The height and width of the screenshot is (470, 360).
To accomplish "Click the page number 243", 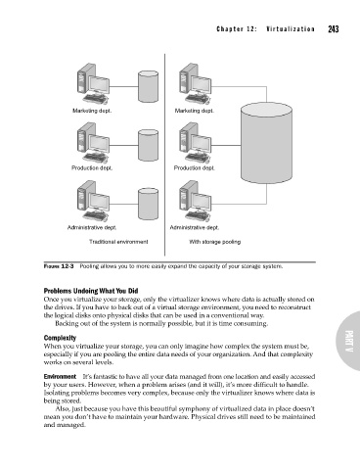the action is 334,29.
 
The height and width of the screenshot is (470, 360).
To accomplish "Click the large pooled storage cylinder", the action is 266,144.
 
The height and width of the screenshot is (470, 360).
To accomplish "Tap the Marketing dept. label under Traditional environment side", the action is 92,111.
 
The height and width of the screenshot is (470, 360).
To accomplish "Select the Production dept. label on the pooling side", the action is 195,168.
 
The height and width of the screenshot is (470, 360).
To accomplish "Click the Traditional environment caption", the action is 118,242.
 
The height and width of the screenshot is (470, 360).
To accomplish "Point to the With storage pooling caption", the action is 215,242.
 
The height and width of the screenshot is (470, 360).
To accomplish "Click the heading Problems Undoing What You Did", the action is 91,291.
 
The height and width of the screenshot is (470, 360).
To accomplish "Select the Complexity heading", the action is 60,338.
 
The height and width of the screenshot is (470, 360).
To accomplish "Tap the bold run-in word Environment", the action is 60,376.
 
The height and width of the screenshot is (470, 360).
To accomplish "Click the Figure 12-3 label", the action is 59,266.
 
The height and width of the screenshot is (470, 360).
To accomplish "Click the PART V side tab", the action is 348,341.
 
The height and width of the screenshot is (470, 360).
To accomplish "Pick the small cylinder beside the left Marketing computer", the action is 149,86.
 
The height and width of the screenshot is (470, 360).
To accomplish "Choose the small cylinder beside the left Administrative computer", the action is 149,204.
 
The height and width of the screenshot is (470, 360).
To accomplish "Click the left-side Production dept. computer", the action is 94,143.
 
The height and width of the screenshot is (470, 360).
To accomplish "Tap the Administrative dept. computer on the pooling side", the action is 196,201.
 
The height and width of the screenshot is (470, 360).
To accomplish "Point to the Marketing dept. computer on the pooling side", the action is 196,84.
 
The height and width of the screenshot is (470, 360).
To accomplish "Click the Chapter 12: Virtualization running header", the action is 265,29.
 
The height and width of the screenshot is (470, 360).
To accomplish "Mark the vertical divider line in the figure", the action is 164,155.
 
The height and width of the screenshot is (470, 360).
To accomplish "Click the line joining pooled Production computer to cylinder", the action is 226,145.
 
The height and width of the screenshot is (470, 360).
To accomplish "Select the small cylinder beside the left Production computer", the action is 149,145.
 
